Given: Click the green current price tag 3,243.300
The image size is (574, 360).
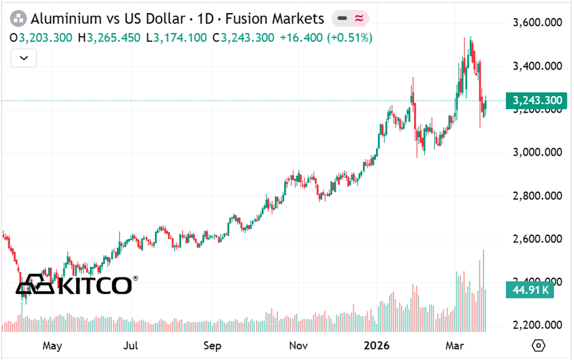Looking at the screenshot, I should tap(534, 101).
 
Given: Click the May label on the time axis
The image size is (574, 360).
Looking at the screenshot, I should tap(52, 345).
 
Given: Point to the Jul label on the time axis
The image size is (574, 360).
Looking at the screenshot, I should tap(131, 345).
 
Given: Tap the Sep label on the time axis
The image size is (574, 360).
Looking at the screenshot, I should tap(212, 345).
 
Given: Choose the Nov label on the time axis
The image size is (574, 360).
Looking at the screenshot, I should tap(299, 345).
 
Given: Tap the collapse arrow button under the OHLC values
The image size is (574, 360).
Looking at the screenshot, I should tap(24, 57).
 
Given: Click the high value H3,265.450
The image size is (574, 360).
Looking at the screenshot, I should tap(112, 37).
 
